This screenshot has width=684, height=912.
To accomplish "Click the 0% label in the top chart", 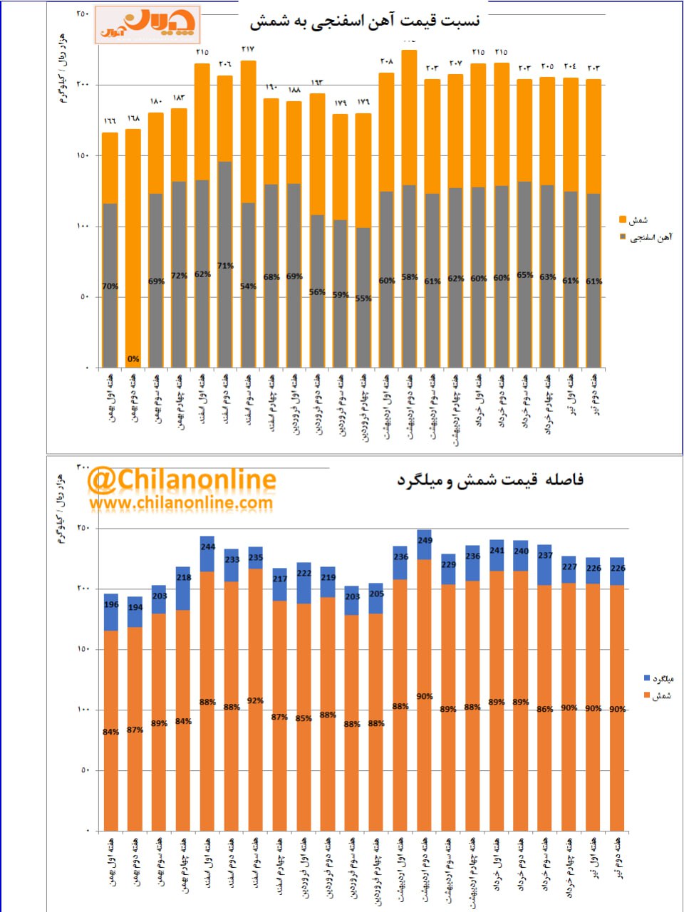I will point(133,359).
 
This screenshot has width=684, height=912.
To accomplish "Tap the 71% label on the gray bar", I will point(225,266).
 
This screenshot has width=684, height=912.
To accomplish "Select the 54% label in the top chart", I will point(248,286).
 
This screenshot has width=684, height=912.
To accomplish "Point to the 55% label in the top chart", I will point(363,299).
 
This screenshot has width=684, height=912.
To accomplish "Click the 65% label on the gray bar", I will point(524,275).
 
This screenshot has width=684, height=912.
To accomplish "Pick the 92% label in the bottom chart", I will point(255,701).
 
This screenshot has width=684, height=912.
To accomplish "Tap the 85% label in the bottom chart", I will point(304,718).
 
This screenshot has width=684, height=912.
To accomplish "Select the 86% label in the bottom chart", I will point(544,709).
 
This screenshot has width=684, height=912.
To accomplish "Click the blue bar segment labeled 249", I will point(425,545).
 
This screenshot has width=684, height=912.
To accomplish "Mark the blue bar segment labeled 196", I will point(111,613).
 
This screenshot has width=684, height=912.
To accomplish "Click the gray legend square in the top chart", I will point(622,237).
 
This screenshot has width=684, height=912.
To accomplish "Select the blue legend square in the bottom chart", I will point(646,678).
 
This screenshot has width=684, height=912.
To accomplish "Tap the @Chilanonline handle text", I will point(182,481).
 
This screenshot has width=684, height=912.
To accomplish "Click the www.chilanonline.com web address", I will point(181,503).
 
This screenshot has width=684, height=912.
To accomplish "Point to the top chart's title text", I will point(365,21).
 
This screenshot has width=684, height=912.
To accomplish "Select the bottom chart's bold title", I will point(490,480).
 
